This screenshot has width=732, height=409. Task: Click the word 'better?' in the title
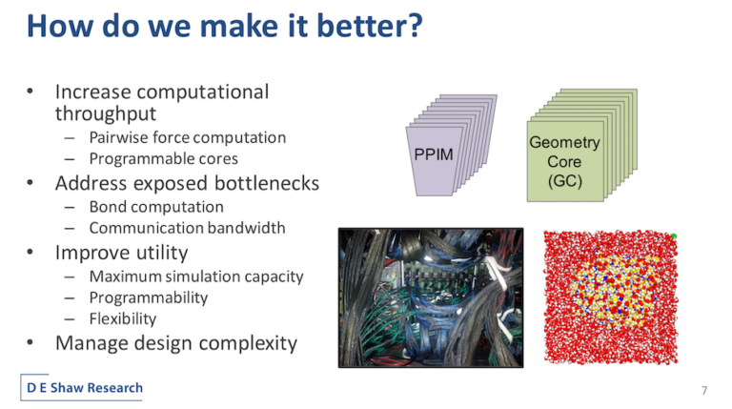(370, 26)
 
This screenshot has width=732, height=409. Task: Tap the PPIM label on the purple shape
(434, 154)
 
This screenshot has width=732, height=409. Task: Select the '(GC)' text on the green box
(565, 181)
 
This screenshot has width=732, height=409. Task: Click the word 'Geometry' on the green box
(564, 142)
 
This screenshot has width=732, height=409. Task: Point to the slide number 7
(704, 390)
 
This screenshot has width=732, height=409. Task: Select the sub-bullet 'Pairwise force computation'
(187, 137)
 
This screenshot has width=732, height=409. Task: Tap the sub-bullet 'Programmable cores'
(163, 159)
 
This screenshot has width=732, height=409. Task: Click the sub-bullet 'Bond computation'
(156, 207)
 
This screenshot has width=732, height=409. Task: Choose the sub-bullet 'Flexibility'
(123, 318)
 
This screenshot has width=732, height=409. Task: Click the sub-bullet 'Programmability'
(149, 297)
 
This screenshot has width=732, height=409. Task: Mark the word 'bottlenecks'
(267, 183)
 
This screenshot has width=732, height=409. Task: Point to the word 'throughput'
(106, 114)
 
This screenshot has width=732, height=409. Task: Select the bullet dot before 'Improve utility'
(30, 252)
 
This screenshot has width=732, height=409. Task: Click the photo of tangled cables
(431, 297)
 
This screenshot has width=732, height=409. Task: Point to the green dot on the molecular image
(674, 236)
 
